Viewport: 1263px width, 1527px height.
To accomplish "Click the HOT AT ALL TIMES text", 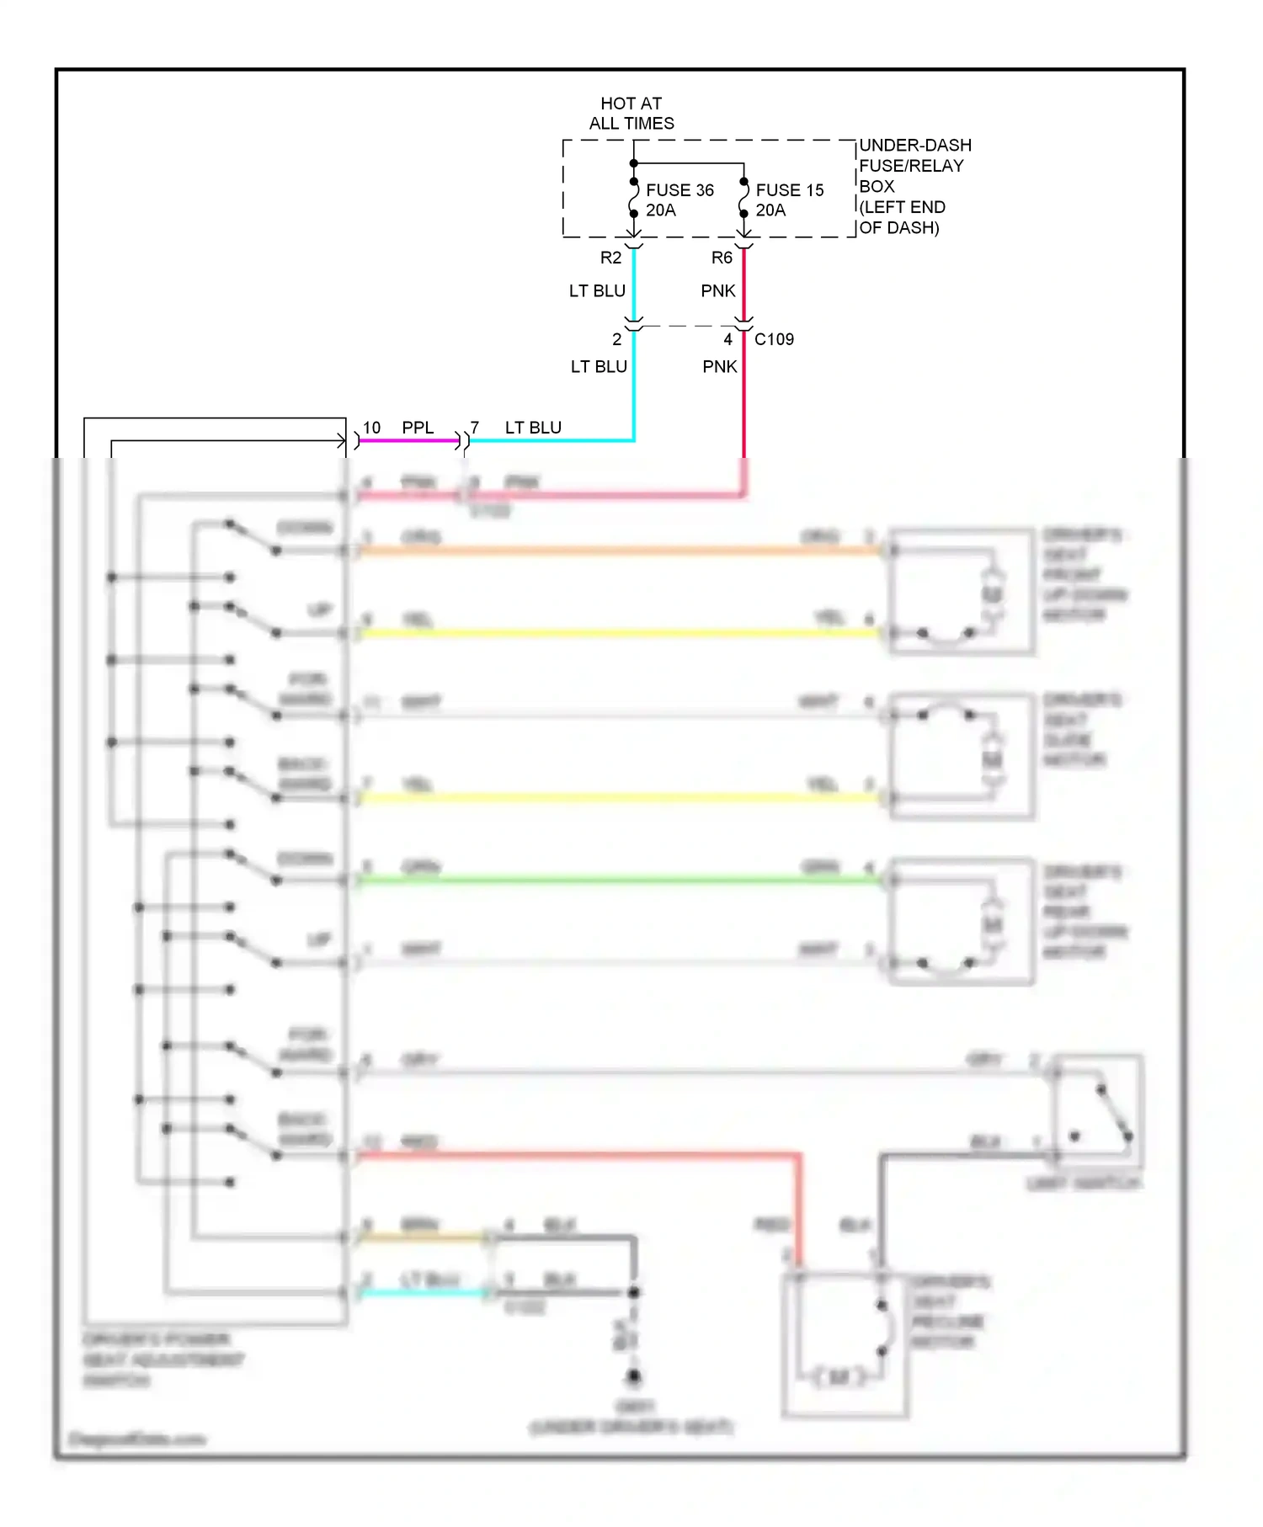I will pos(631,114).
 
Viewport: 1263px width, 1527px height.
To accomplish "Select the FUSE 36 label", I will pos(679,190).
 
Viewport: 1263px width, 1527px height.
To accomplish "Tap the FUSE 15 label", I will pos(789,190).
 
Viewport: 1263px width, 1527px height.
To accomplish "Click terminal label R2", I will pos(610,258).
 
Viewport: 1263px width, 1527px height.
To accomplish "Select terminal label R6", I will pos(722,258).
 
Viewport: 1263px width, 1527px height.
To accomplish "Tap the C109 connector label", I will pos(774,339).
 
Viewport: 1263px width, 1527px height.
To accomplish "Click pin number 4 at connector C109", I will pos(727,339).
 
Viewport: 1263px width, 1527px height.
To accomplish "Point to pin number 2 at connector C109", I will pos(616,339).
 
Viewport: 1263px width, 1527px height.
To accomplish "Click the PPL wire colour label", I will pos(418,428).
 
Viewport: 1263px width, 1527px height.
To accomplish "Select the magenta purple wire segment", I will pos(408,440).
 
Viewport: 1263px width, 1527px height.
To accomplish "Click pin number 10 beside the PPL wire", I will pos(371,428).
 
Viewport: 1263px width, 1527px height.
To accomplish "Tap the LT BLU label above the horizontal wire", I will pos(533,428).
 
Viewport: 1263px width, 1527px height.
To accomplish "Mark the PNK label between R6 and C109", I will pos(717,291).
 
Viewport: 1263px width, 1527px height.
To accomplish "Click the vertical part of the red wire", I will pos(799,1212).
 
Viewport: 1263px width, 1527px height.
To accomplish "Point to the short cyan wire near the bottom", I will pos(421,1293).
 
